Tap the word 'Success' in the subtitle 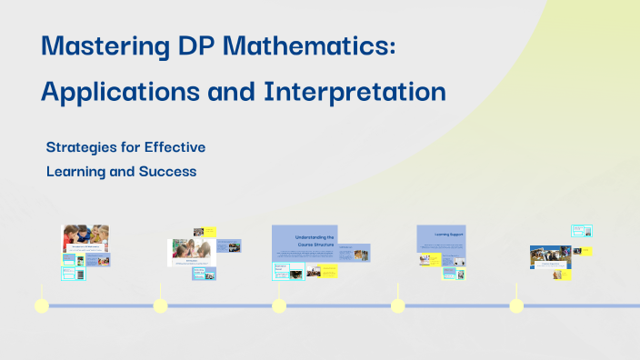pyautogui.click(x=165, y=170)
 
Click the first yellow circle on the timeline pyautogui.click(x=41, y=305)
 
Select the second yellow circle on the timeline pyautogui.click(x=160, y=305)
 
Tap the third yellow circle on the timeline pyautogui.click(x=279, y=305)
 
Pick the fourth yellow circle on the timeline pyautogui.click(x=397, y=305)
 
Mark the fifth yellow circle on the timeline pyautogui.click(x=516, y=305)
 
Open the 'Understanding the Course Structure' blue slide pyautogui.click(x=305, y=242)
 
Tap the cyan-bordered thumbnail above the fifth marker pyautogui.click(x=581, y=231)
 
